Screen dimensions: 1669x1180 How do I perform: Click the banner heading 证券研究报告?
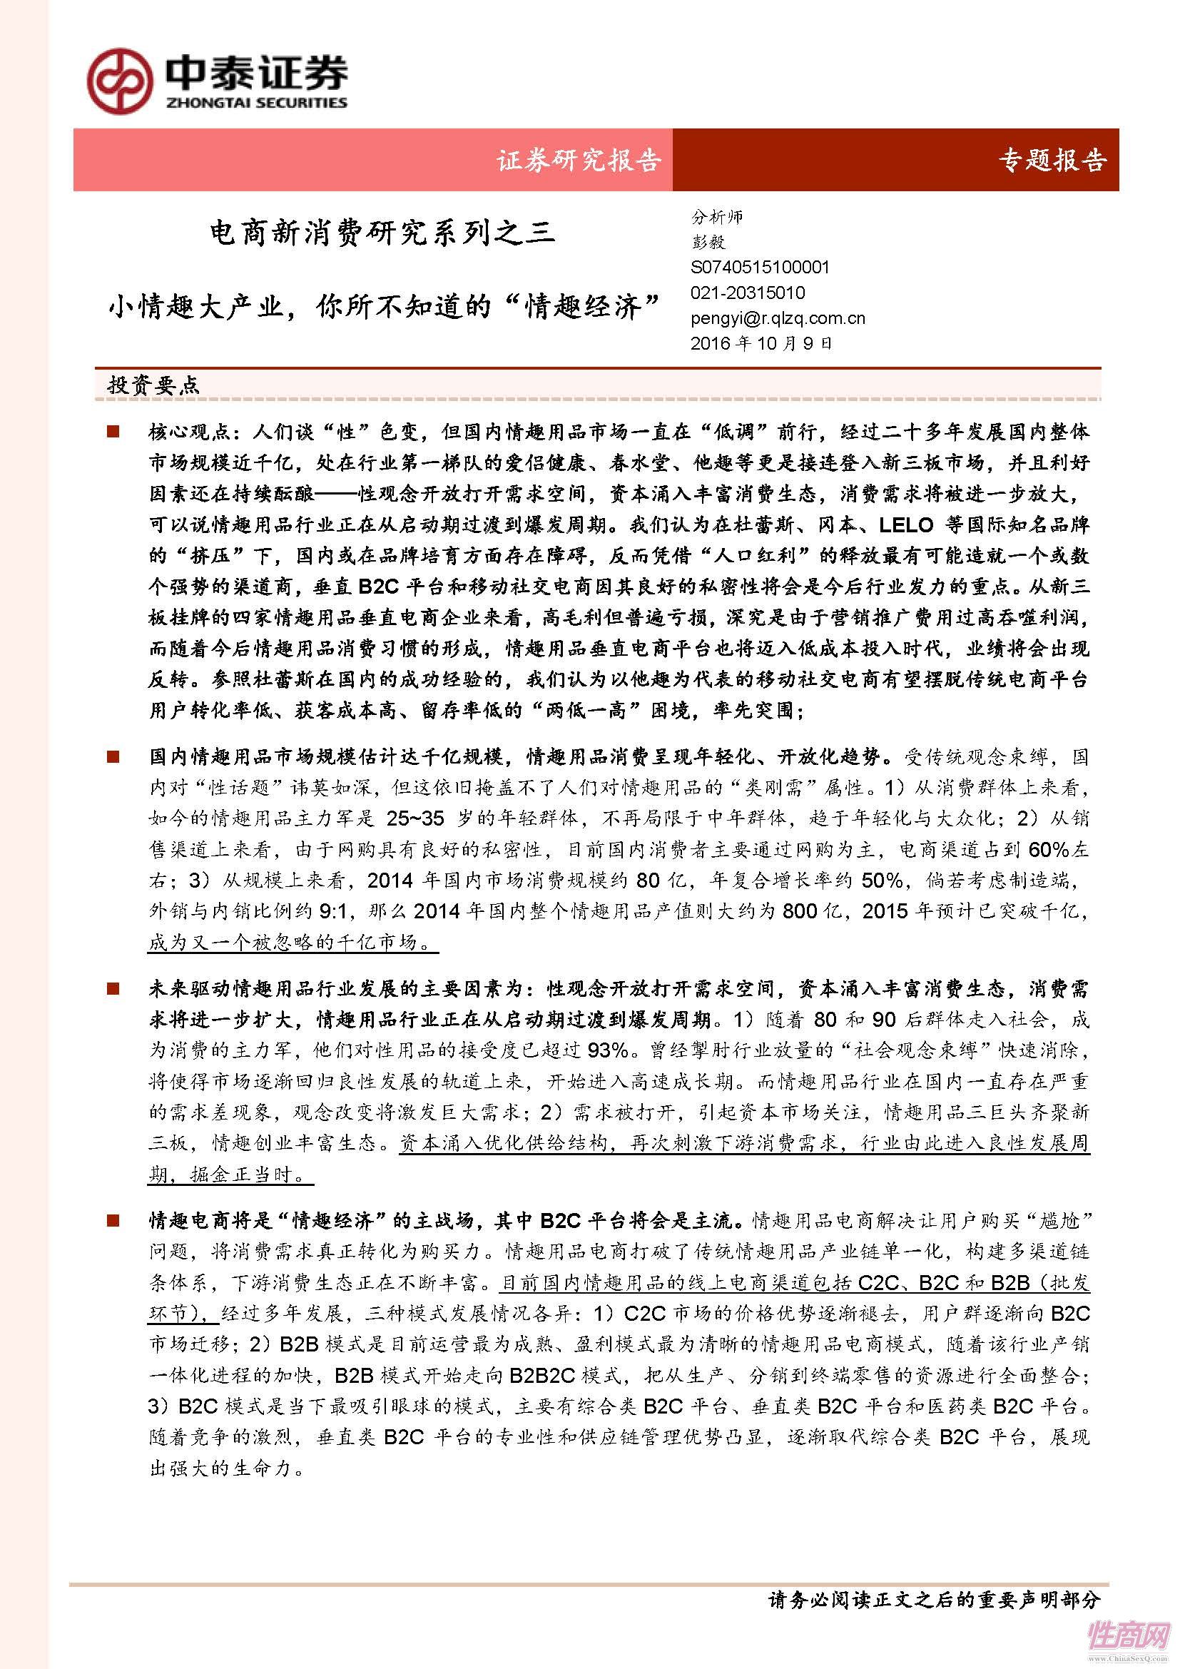579,160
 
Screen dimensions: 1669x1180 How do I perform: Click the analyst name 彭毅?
708,242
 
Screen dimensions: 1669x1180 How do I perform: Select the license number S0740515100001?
759,268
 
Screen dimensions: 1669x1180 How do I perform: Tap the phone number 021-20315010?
748,293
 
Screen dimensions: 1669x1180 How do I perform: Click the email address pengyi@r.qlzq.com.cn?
778,318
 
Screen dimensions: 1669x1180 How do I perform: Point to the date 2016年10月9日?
761,343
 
